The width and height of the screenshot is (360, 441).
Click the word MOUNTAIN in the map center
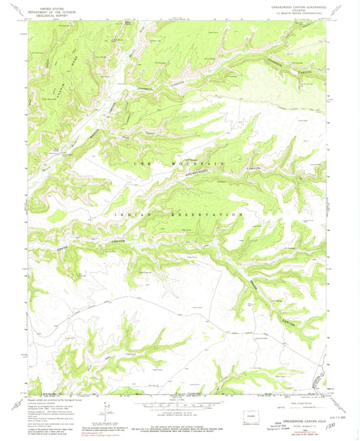(x=199, y=164)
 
